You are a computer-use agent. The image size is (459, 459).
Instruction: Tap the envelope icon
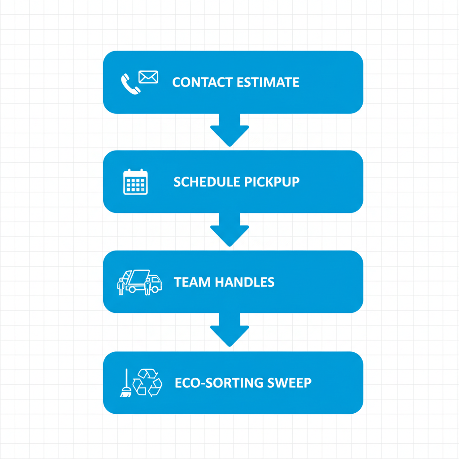pos(148,77)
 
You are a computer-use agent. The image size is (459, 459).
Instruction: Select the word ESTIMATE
pos(274,82)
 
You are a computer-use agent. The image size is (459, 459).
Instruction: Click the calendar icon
pos(135,182)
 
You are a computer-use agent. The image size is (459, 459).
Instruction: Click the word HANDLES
pos(245,282)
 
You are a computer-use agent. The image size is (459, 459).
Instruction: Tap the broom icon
pos(126,383)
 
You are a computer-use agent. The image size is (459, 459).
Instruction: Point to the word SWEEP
pos(290,383)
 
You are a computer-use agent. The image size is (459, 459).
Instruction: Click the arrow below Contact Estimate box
pos(229,130)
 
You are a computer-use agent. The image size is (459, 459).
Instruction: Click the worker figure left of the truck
pos(121,286)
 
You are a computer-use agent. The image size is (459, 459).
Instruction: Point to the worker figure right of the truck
pos(147,286)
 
